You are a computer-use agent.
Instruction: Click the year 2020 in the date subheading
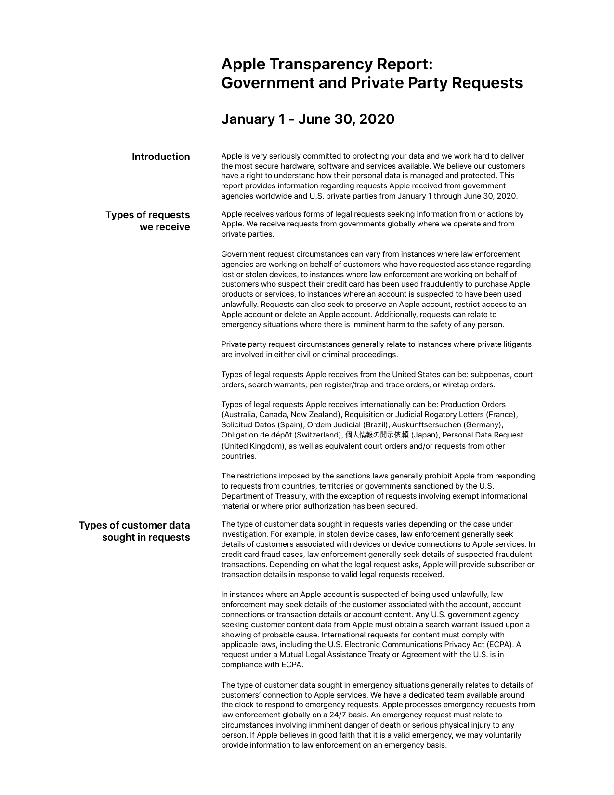tap(377, 119)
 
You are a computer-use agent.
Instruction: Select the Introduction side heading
tap(161, 157)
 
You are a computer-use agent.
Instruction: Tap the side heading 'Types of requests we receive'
tap(148, 221)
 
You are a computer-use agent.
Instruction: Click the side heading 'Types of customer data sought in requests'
tap(134, 531)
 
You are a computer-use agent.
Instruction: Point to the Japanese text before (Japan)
tap(377, 435)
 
